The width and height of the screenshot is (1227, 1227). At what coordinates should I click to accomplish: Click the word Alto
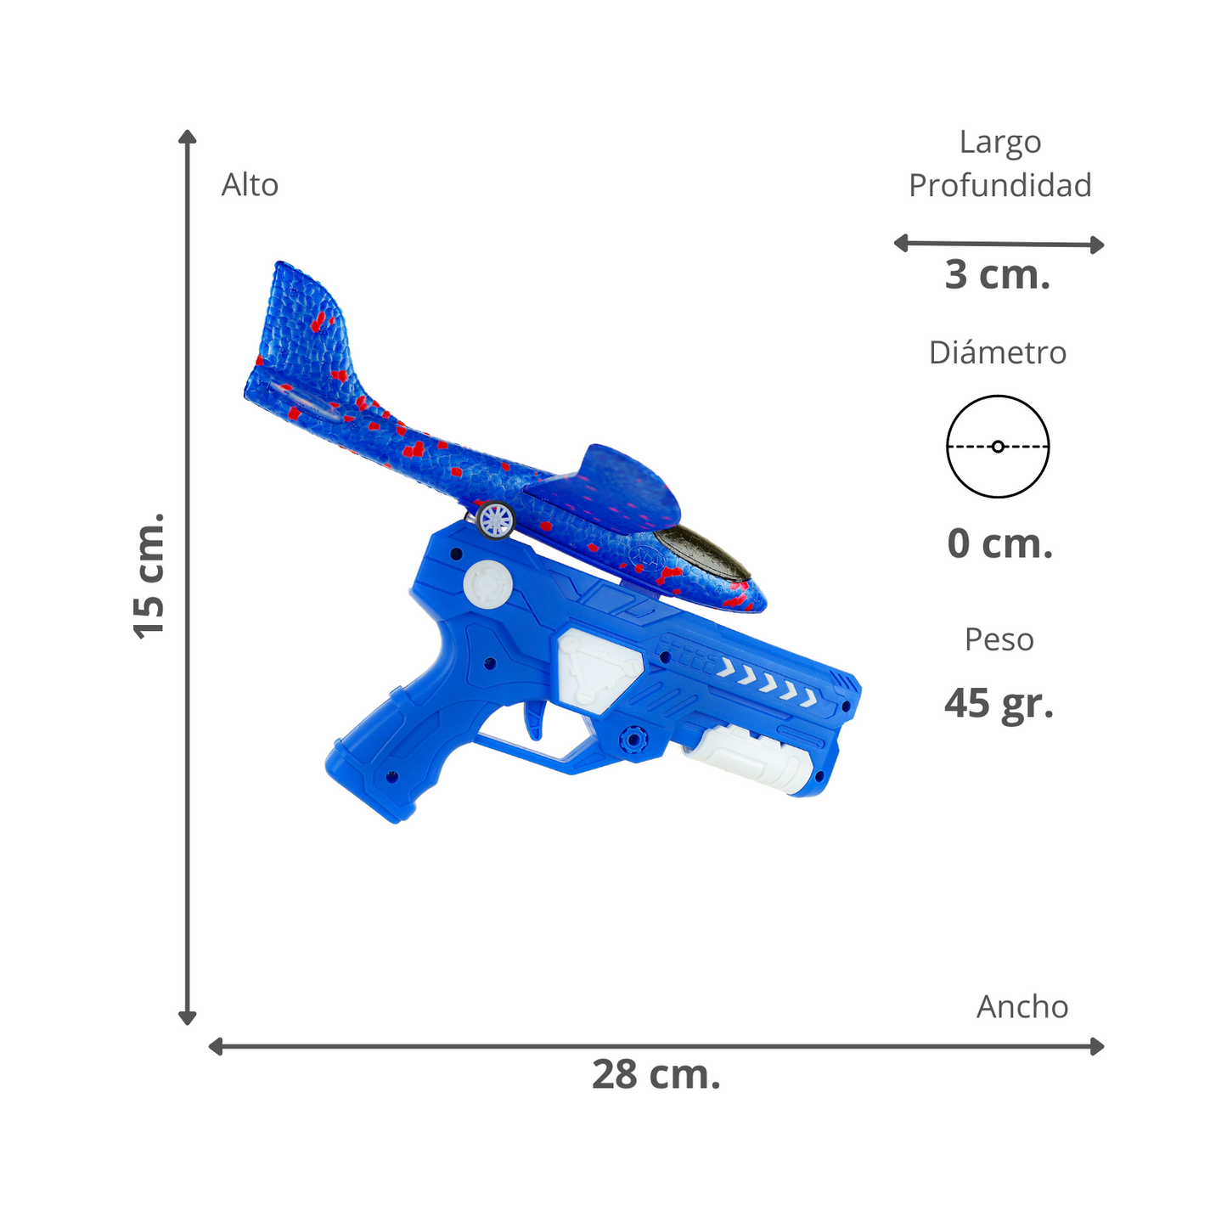click(x=250, y=185)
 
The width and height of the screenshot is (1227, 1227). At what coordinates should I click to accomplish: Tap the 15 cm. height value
click(x=149, y=577)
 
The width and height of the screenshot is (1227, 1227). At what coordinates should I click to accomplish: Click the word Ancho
click(x=1022, y=1007)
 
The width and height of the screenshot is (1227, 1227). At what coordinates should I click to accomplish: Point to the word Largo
click(x=999, y=144)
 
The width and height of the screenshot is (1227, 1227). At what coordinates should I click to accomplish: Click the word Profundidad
click(x=999, y=185)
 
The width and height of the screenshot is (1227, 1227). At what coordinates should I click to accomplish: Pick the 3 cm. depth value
click(x=997, y=274)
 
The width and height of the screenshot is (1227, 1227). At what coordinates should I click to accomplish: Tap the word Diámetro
click(x=997, y=352)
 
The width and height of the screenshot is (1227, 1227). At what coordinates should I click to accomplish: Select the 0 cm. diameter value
click(x=999, y=543)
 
